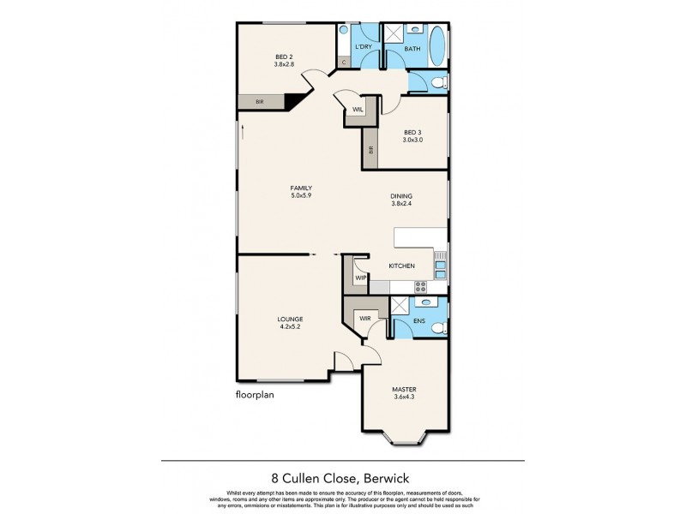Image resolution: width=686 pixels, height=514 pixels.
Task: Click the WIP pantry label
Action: pyautogui.click(x=360, y=278)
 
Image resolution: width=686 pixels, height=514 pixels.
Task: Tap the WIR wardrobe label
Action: pyautogui.click(x=364, y=317)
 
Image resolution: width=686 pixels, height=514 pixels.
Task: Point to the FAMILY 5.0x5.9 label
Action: pyautogui.click(x=300, y=191)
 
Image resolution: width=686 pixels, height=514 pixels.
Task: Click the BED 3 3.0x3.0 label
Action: pyautogui.click(x=413, y=135)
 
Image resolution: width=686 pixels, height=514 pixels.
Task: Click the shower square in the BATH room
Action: pyautogui.click(x=394, y=35)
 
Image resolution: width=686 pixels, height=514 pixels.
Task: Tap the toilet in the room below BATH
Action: pyautogui.click(x=436, y=83)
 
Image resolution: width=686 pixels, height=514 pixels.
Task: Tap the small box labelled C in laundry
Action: pyautogui.click(x=344, y=63)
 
